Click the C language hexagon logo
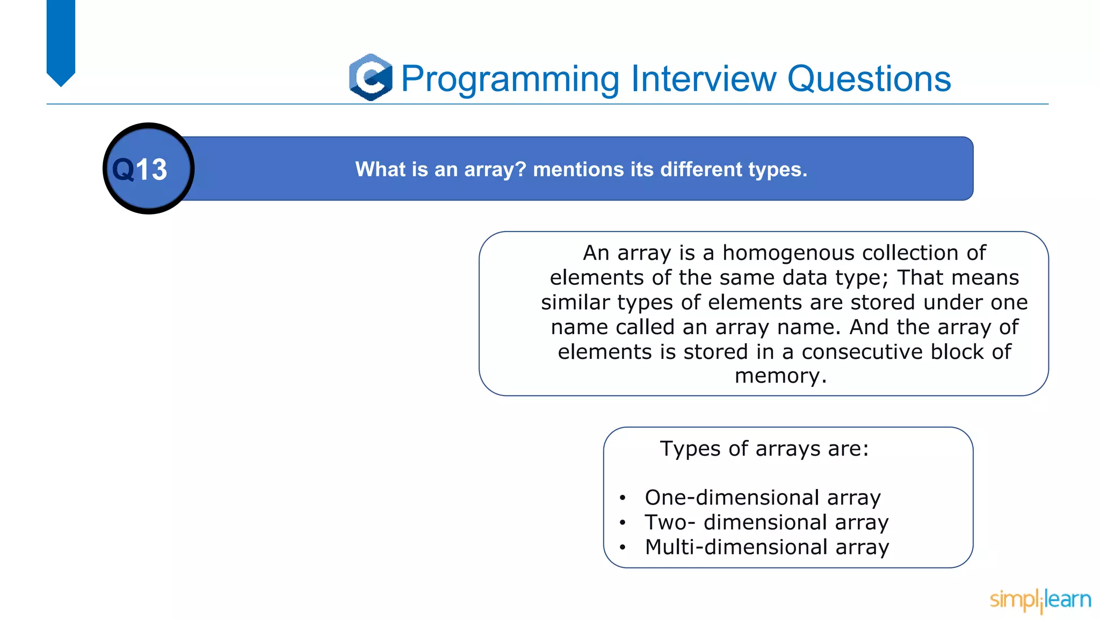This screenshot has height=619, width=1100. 371,77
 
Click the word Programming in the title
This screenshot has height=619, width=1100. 510,79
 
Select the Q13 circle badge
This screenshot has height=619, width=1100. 148,169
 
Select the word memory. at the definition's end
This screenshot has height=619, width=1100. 780,376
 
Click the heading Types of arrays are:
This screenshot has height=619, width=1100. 764,448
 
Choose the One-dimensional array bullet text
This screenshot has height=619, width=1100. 763,498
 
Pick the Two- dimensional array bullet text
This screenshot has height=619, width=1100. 766,522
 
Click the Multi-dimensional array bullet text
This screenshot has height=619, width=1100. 767,547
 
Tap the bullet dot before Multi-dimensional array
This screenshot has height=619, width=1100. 623,548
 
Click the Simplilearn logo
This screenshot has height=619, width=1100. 1040,600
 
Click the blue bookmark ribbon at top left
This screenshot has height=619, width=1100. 61,40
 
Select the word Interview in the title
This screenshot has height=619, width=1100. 704,79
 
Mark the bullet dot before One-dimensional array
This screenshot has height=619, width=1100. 623,498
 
